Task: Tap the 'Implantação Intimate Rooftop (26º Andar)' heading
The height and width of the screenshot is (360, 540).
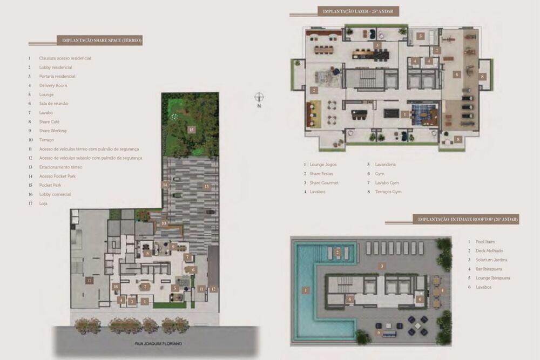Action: (x=465, y=219)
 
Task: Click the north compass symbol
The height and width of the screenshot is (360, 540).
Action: (x=260, y=97)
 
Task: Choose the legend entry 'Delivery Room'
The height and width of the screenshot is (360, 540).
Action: (x=53, y=85)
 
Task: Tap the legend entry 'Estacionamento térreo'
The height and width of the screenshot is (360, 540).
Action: (x=60, y=167)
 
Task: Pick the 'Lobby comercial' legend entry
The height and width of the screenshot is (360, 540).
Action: (x=55, y=194)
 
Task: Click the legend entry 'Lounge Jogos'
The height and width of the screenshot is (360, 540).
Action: (x=325, y=164)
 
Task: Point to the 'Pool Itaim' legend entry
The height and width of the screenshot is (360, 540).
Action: (x=482, y=242)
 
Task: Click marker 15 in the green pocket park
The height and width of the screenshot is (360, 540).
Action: (x=191, y=130)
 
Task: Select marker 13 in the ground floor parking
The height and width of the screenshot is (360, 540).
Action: (x=206, y=186)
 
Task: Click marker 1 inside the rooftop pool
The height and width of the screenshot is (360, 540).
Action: (x=306, y=290)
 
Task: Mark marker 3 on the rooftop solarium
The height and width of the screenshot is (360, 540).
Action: (x=381, y=266)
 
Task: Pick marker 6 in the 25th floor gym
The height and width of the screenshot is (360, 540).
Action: (x=457, y=74)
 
